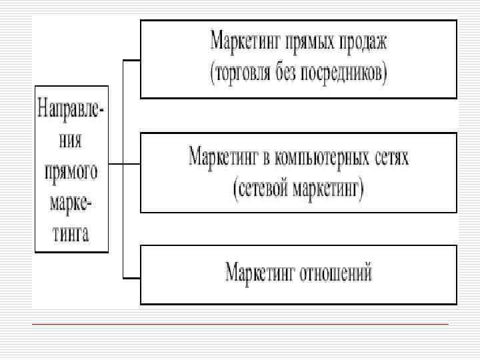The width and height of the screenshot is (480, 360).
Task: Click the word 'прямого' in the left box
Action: coord(71,171)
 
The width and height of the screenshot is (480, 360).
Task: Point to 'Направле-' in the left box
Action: coord(71,109)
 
